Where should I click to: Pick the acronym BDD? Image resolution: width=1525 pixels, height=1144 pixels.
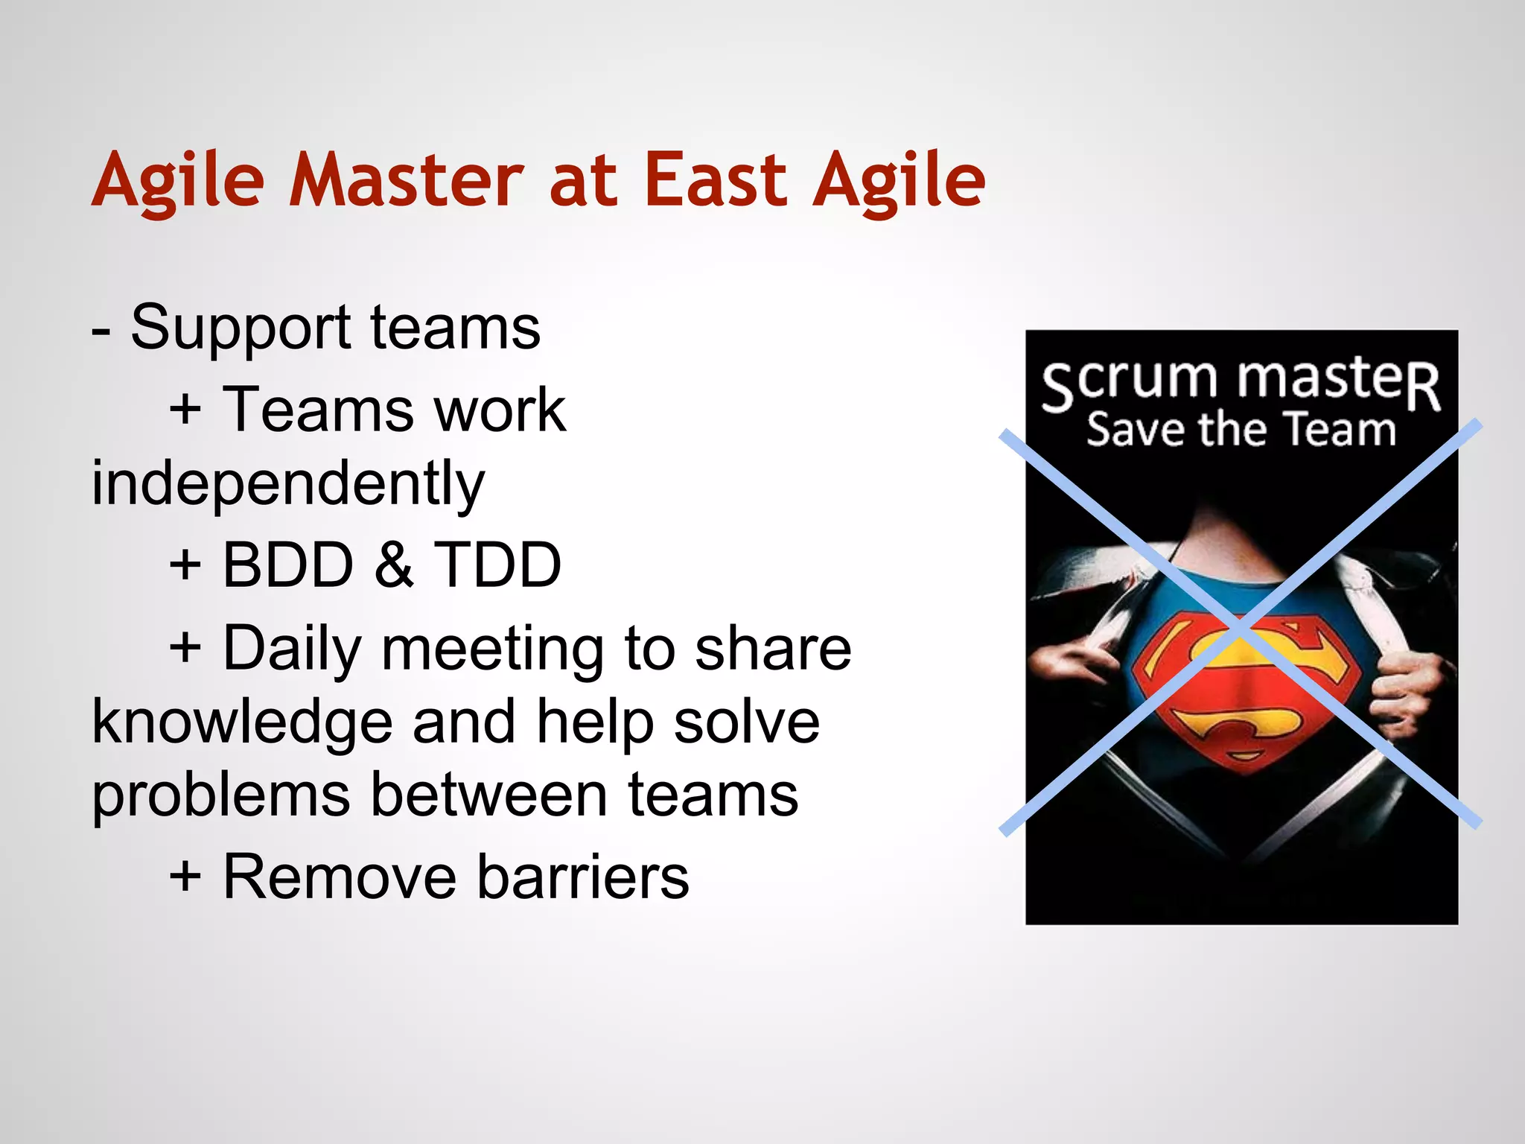coord(287,565)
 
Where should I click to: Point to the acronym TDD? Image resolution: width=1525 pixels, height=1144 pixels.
coord(497,565)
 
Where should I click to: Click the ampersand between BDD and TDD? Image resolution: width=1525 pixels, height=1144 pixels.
coord(393,565)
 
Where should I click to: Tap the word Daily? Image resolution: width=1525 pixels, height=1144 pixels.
coord(292,649)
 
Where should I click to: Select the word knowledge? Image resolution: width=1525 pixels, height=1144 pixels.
coord(242,722)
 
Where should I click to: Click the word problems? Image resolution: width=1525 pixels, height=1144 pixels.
coord(220,795)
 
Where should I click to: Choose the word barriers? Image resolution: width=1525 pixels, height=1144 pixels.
coord(582,877)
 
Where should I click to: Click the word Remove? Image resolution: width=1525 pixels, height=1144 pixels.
coord(340,877)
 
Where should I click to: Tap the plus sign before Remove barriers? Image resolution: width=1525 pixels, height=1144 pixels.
coord(185,877)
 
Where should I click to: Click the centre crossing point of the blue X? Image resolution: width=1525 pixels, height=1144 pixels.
coord(1240,628)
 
